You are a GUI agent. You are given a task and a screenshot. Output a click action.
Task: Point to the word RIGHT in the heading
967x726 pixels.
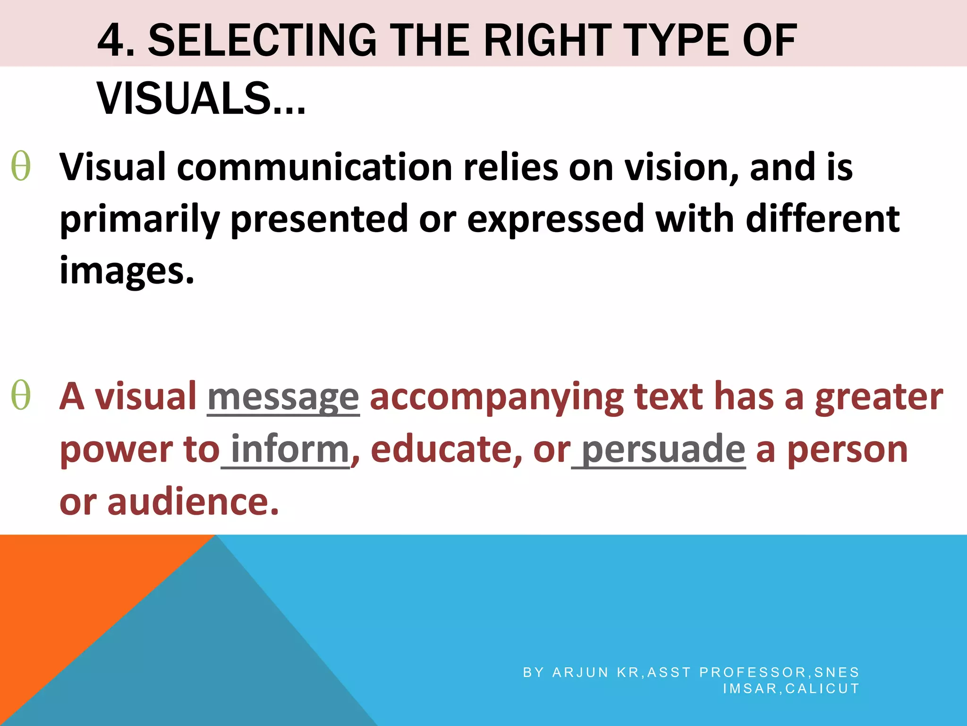(548, 42)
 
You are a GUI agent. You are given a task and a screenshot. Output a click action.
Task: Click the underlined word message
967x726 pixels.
(283, 397)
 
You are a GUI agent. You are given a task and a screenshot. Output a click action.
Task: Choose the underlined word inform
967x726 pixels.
(289, 449)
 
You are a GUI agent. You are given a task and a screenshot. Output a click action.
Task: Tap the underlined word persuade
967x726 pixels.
(663, 449)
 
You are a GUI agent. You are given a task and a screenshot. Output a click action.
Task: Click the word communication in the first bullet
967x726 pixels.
(315, 168)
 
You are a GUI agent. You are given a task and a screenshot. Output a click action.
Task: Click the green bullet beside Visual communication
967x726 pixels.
(21, 166)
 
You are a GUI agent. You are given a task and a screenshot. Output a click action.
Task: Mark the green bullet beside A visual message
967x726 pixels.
(21, 396)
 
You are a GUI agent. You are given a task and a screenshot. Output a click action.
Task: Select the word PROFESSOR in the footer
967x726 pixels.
(753, 672)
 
